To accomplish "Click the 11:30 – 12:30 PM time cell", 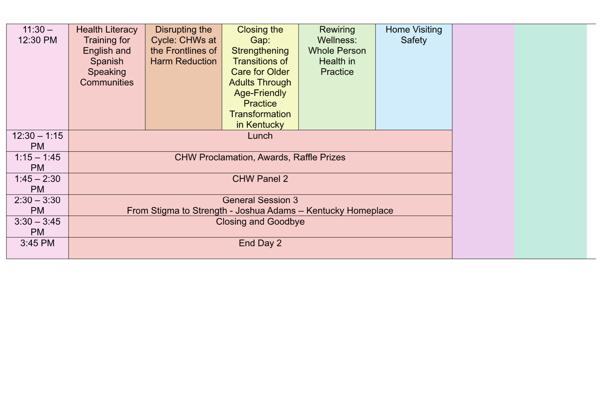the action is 37,77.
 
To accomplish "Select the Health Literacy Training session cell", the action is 107,77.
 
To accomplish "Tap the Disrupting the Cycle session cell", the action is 183,77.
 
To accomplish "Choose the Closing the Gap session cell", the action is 260,77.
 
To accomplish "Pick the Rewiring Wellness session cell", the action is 337,77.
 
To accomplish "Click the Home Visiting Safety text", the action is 414,35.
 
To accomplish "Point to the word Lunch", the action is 260,136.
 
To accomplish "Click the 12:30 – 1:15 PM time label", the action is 37,141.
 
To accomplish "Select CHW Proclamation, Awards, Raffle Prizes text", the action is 260,157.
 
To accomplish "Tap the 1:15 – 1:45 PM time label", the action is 37,162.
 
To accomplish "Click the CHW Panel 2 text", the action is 260,179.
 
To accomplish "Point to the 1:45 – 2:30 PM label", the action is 37,184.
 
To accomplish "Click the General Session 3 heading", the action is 260,200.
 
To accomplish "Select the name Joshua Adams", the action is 266,211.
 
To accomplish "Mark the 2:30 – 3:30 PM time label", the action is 37,205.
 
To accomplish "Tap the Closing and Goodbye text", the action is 260,222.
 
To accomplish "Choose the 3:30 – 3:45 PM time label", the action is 37,227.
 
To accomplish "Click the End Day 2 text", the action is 260,243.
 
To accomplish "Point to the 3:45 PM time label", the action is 37,243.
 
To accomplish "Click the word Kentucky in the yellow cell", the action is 265,125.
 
